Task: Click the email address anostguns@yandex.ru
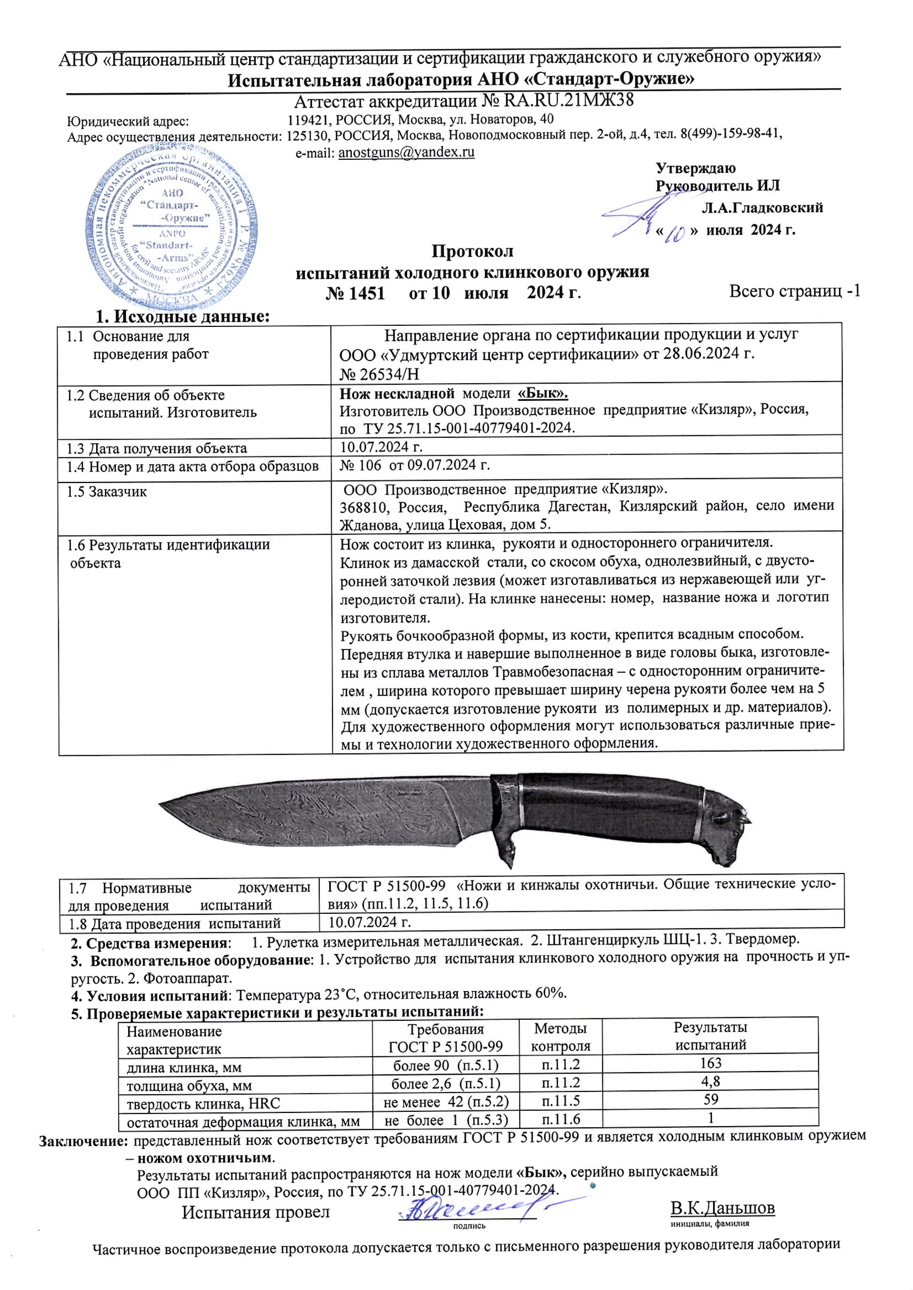406,152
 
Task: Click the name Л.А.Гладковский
762,208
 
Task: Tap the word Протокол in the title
472,251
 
